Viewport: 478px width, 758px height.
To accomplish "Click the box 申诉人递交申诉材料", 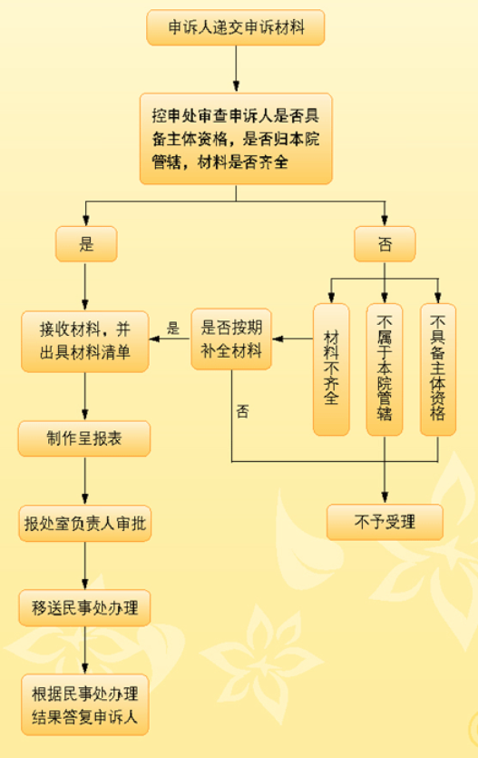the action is click(236, 27).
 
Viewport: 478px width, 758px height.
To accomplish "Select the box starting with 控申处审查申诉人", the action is click(236, 139).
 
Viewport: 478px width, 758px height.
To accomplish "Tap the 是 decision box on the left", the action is click(86, 244).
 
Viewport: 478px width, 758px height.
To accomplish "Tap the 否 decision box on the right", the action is click(385, 244).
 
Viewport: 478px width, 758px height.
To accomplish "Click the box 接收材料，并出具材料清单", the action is click(85, 341).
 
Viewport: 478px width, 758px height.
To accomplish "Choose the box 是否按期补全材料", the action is click(231, 339).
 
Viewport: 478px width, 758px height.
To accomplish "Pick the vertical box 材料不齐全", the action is click(331, 369).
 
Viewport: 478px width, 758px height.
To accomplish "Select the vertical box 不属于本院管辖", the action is click(385, 369).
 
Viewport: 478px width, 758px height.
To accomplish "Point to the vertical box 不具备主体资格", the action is click(438, 369).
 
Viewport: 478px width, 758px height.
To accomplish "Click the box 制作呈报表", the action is click(84, 438).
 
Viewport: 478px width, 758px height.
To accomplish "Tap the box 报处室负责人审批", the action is click(85, 524).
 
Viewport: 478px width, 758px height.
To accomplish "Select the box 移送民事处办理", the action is click(85, 607).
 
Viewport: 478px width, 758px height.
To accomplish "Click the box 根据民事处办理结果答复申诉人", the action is click(85, 704).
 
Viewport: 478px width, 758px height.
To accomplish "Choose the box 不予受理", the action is click(385, 522).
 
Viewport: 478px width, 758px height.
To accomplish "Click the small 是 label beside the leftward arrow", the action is click(173, 329).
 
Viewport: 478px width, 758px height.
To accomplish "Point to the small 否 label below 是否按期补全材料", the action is click(242, 411).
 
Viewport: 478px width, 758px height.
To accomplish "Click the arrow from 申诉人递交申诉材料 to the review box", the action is click(236, 69).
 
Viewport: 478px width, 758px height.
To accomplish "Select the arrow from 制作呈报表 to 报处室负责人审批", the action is click(85, 480).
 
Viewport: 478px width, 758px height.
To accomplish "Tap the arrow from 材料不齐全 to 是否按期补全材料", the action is click(293, 339).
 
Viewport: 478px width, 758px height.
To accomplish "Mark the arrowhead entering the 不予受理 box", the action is click(385, 497).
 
